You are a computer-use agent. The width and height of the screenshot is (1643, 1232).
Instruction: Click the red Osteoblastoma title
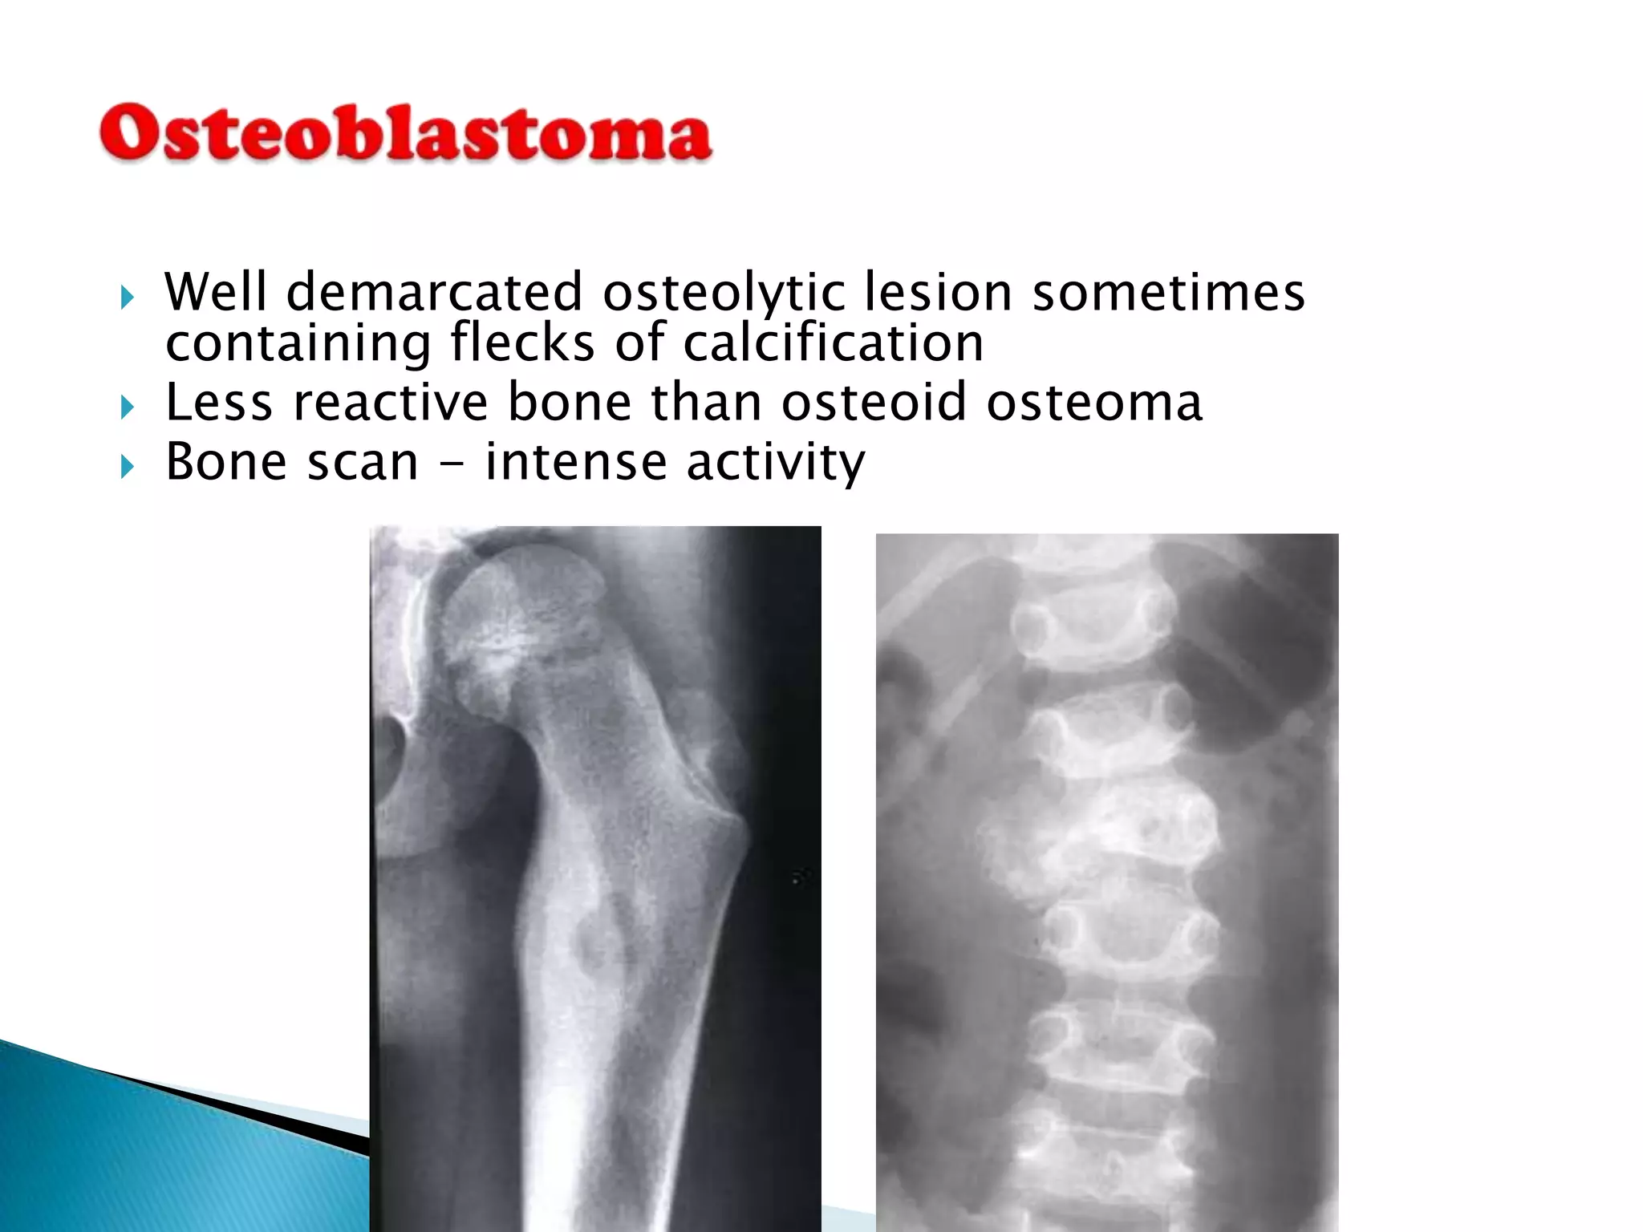point(405,133)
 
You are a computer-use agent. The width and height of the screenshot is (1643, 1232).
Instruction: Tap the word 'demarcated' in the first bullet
point(434,292)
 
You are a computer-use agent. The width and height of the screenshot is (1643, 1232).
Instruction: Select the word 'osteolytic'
point(724,294)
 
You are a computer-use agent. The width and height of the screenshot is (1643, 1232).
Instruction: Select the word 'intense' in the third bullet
point(575,463)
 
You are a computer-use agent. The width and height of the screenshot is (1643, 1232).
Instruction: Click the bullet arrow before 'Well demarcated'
point(127,298)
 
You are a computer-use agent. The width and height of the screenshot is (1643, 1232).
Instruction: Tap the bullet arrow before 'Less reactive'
point(127,407)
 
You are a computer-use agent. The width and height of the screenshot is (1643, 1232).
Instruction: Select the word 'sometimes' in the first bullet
point(1168,292)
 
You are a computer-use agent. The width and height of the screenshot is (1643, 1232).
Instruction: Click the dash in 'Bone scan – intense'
point(452,464)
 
